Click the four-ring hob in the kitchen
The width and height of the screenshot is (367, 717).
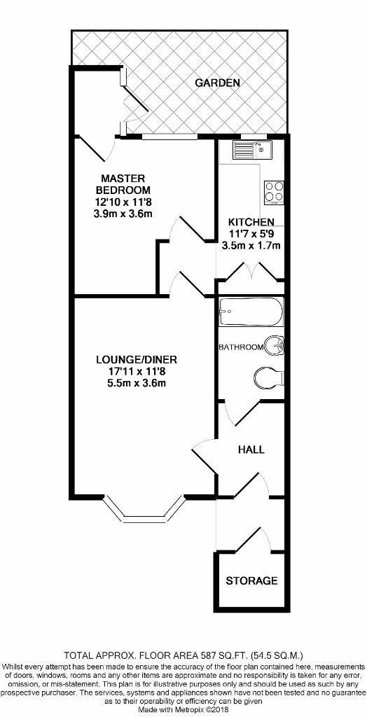(274, 192)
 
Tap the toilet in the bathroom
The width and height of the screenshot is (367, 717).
(269, 377)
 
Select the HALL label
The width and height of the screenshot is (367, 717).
(251, 450)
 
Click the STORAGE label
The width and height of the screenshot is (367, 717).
(251, 580)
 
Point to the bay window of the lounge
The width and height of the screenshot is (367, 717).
(144, 510)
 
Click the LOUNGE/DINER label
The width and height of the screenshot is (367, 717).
(136, 359)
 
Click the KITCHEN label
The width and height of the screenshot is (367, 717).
(251, 222)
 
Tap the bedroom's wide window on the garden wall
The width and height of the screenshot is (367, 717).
(169, 136)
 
